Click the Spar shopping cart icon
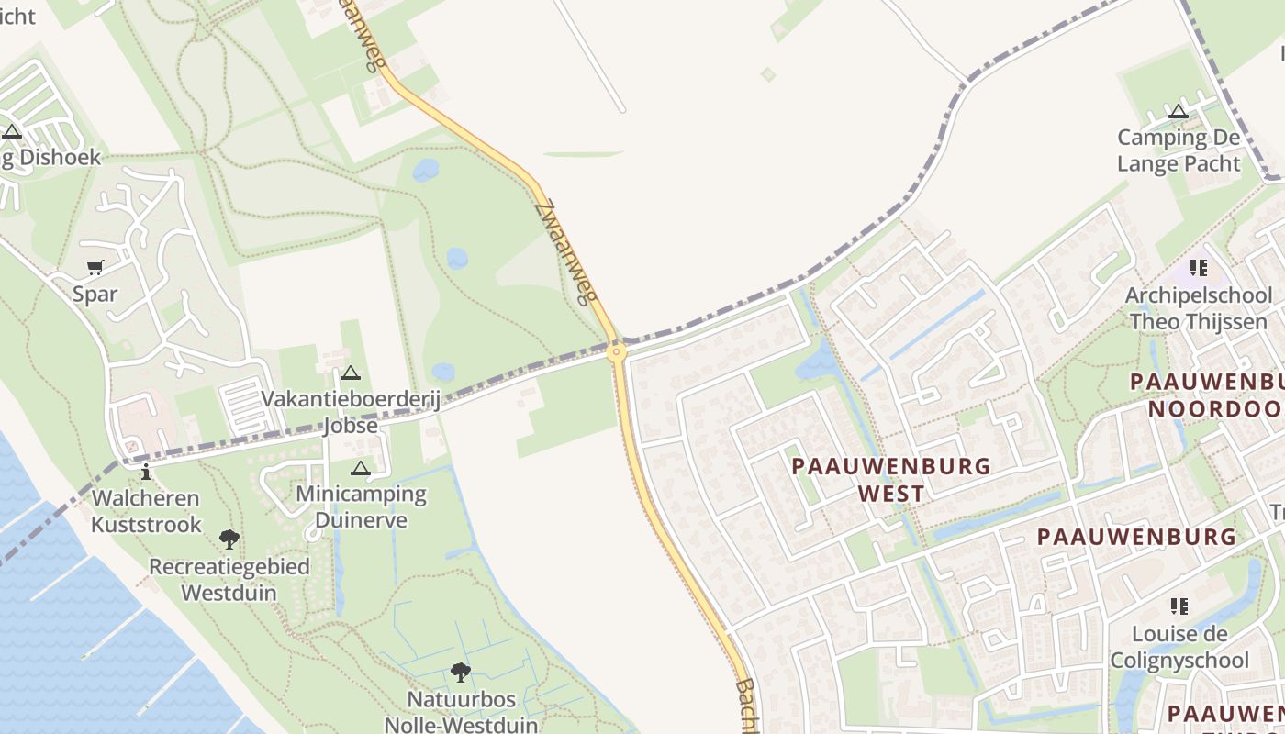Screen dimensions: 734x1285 click(x=95, y=268)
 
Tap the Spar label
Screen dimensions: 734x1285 click(x=95, y=295)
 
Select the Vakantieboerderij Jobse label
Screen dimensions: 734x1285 click(x=351, y=413)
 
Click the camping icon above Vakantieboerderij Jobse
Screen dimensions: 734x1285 click(x=350, y=373)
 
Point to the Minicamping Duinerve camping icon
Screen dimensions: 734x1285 click(x=360, y=469)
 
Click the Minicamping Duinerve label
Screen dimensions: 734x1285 click(x=361, y=507)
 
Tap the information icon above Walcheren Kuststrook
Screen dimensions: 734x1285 click(x=145, y=472)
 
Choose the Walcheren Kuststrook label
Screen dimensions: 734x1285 click(x=145, y=511)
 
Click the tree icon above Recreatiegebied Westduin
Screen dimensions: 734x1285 click(x=229, y=539)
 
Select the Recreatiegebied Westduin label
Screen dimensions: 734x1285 click(x=229, y=579)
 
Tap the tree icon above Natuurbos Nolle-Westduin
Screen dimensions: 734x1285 click(x=461, y=673)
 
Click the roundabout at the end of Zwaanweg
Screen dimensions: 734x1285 click(x=617, y=350)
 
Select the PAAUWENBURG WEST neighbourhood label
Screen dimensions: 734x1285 click(x=890, y=479)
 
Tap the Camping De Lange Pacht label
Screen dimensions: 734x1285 click(x=1179, y=150)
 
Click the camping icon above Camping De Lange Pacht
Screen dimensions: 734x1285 click(x=1179, y=112)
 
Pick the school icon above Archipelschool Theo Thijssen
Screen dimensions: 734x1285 click(x=1198, y=268)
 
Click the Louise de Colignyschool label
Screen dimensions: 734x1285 click(x=1179, y=647)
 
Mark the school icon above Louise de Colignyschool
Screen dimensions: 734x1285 click(x=1179, y=606)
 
